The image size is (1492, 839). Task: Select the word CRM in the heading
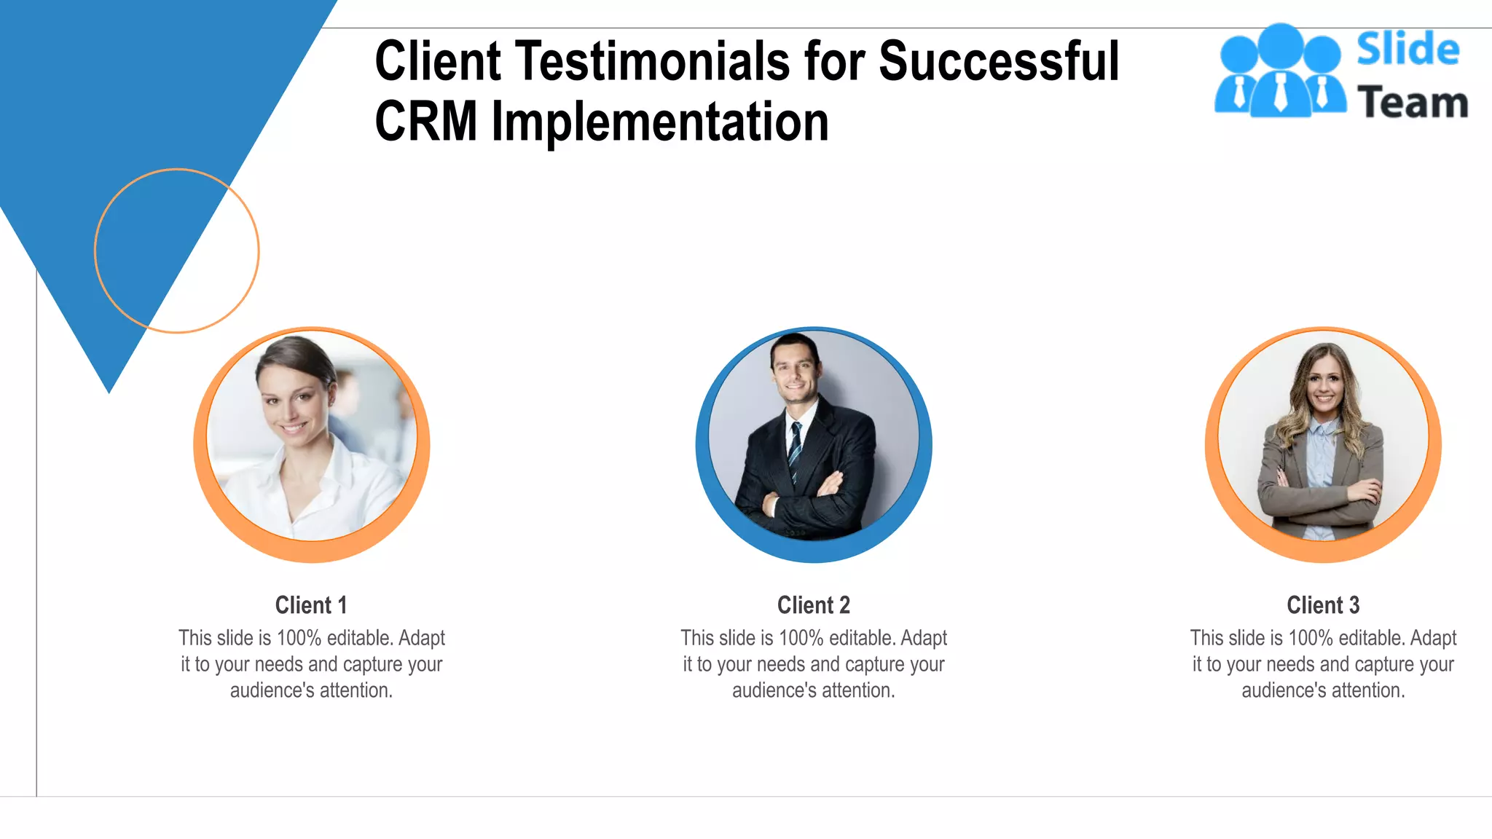[426, 122]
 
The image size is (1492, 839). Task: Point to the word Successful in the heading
[999, 61]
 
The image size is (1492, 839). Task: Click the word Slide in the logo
[1407, 50]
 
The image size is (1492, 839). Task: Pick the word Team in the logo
[1412, 103]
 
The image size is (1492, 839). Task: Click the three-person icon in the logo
[1279, 71]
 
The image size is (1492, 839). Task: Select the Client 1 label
[311, 605]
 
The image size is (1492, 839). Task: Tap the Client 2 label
[813, 605]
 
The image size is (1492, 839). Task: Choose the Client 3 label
[1323, 605]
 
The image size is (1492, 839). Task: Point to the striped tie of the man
[796, 448]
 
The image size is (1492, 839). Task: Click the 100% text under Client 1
[299, 639]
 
